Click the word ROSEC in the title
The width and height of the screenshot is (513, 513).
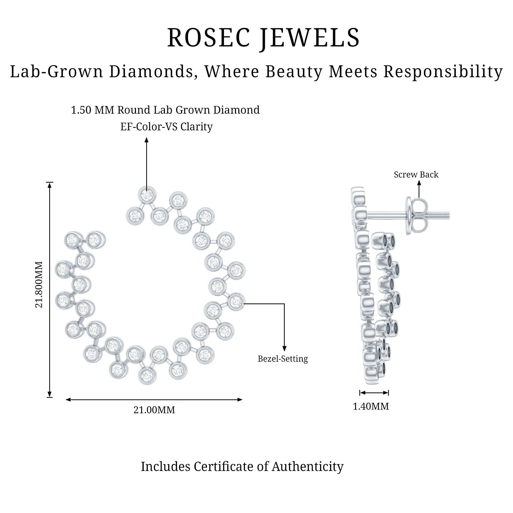(x=209, y=38)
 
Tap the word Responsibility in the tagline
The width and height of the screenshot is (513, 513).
(x=443, y=72)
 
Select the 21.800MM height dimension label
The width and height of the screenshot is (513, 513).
(x=39, y=284)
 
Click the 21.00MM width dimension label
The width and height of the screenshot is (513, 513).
(x=154, y=410)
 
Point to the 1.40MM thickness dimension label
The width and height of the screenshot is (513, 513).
(x=371, y=406)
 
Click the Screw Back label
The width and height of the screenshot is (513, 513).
(x=416, y=174)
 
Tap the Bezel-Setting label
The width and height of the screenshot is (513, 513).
(x=283, y=359)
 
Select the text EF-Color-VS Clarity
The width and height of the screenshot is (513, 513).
(x=166, y=127)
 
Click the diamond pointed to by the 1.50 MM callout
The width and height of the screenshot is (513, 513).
(x=147, y=195)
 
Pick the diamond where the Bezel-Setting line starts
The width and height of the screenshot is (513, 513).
(x=236, y=302)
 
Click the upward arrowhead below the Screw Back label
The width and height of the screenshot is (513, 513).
(x=419, y=183)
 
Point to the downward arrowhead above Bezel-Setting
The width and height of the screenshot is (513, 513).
(x=284, y=349)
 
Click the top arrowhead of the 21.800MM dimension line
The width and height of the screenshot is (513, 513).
(x=50, y=185)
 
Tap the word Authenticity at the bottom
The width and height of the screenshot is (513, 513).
(x=308, y=467)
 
